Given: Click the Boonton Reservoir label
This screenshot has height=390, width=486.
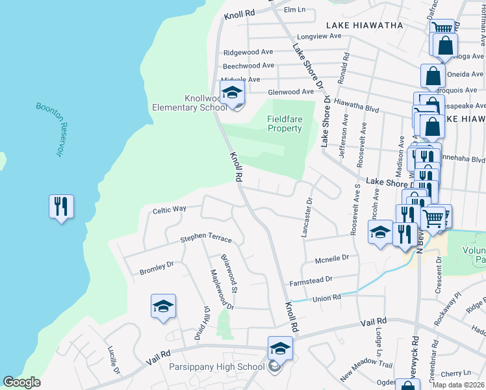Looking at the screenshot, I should coord(49,129).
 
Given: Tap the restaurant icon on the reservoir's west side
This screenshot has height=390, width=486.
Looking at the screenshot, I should coord(61,207).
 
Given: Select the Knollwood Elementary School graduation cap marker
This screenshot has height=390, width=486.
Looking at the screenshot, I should coord(232,94).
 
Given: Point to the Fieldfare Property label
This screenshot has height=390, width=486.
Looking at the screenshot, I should coord(285,123).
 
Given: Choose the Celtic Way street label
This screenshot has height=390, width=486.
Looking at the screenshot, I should coord(170,209).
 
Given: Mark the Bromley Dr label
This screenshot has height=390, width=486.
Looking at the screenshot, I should coord(157,268).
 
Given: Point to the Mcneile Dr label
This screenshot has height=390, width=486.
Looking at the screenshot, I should coord(332,258).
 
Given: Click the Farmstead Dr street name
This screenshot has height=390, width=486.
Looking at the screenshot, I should coord(311,279).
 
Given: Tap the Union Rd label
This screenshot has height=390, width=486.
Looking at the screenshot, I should coord(327,298).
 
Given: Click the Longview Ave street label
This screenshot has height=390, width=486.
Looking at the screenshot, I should coord(318,36).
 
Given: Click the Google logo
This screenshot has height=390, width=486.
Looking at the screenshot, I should coord(21,382).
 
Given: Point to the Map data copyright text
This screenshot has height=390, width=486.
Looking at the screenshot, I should coord(459,385).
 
